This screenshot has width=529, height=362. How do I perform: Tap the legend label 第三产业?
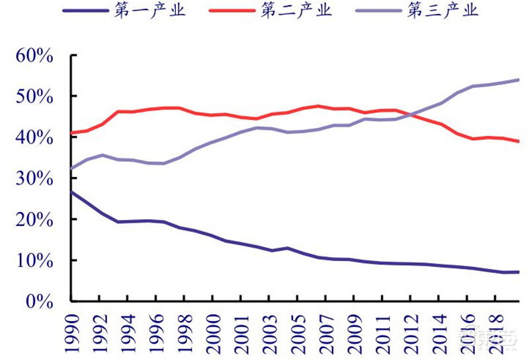click(x=442, y=11)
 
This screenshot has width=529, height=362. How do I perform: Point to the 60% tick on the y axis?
click(x=32, y=55)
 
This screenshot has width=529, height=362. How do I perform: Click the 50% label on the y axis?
click(x=32, y=96)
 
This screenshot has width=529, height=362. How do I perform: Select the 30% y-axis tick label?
click(x=32, y=178)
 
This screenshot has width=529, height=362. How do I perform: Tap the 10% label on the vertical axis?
click(x=32, y=260)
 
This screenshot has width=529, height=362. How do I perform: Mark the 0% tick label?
click(x=38, y=301)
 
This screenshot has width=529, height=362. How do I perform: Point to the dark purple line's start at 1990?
click(x=71, y=192)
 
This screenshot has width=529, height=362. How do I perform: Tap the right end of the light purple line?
click(x=519, y=80)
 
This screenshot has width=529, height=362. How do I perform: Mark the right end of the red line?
click(x=519, y=141)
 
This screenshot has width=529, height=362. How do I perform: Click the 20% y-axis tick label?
click(x=32, y=219)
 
